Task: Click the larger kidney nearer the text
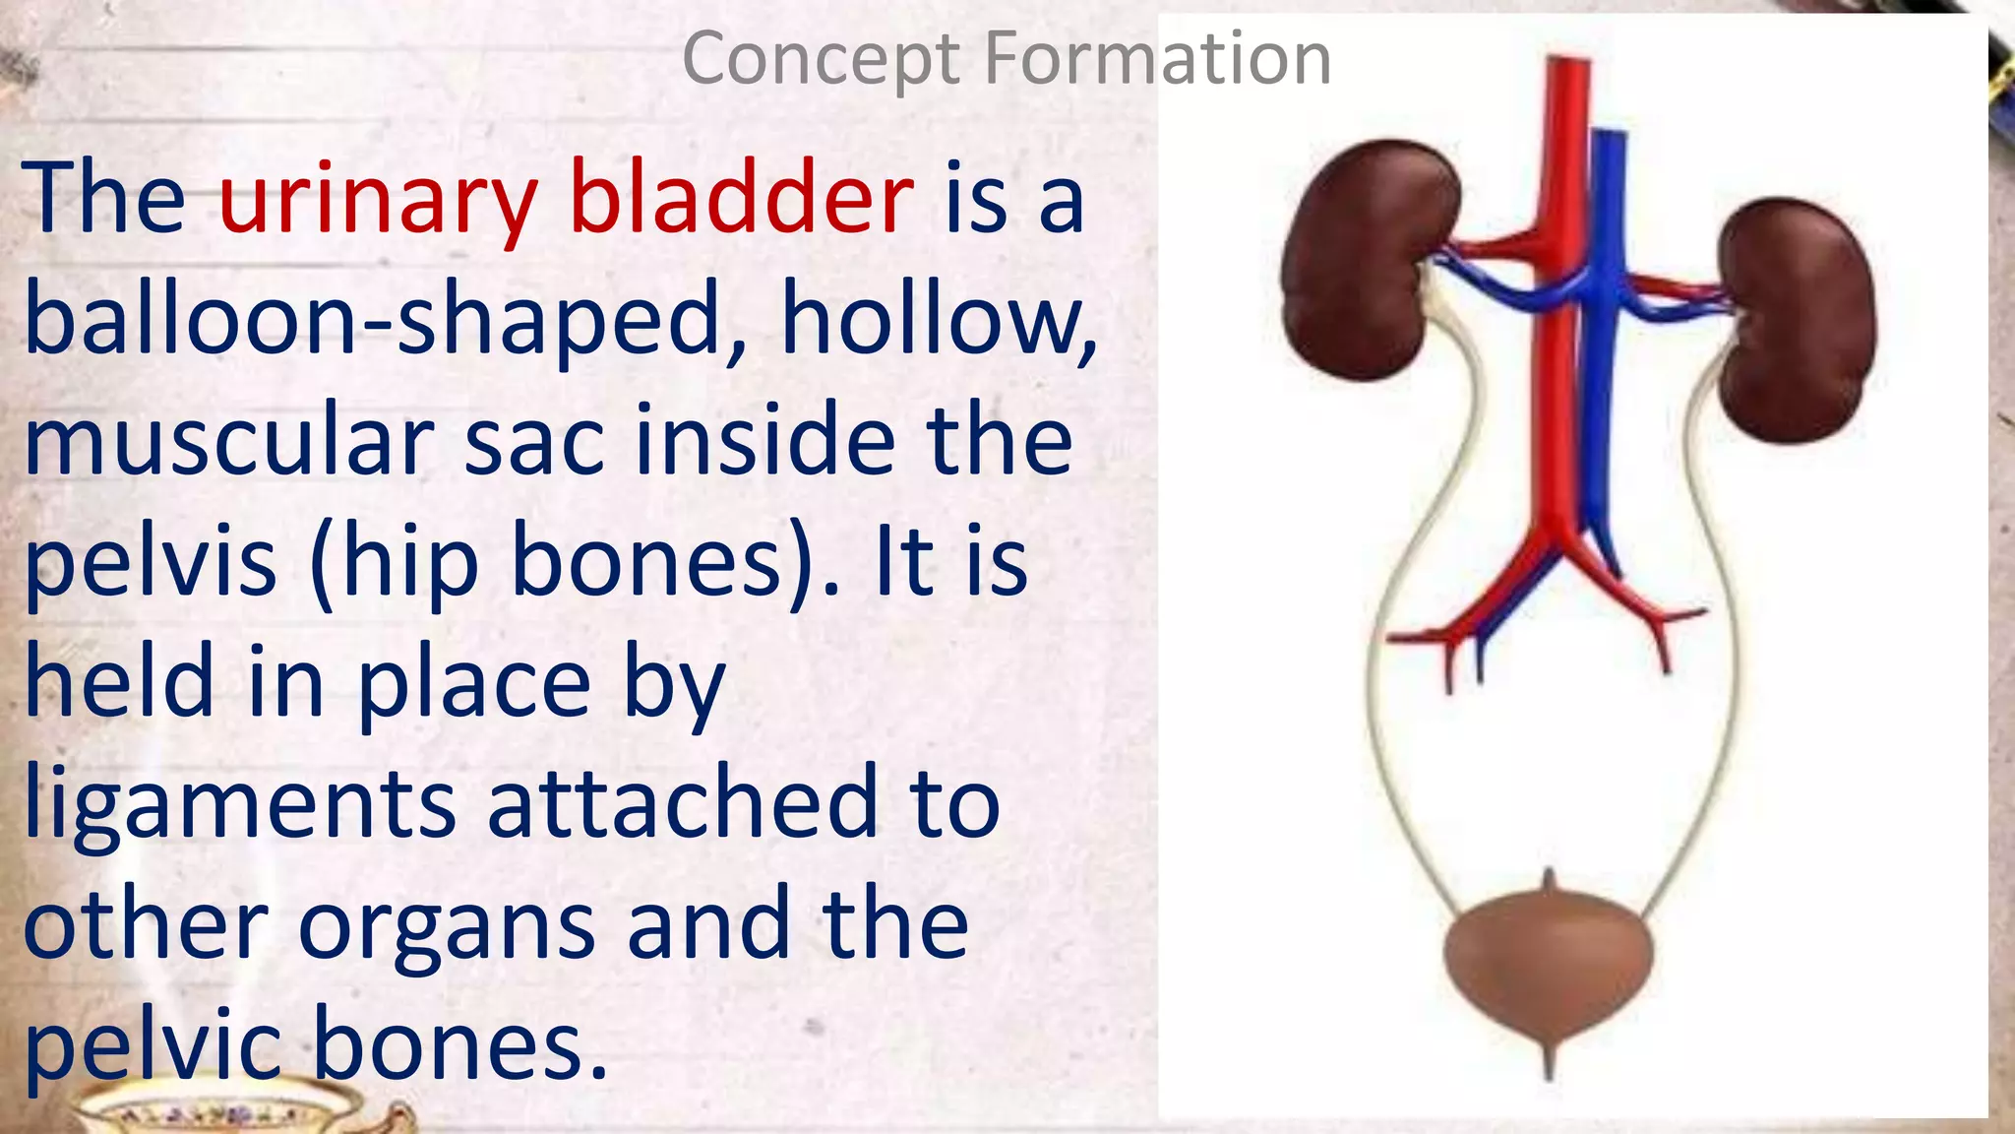click(1368, 261)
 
